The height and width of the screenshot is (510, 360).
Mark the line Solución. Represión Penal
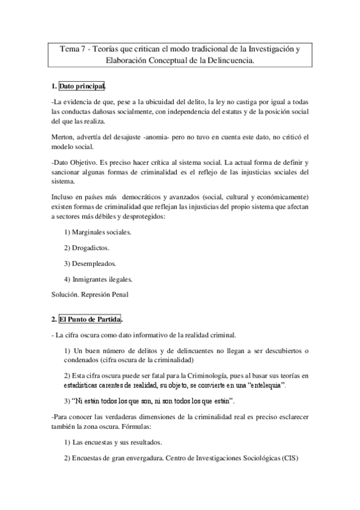coord(90,294)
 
